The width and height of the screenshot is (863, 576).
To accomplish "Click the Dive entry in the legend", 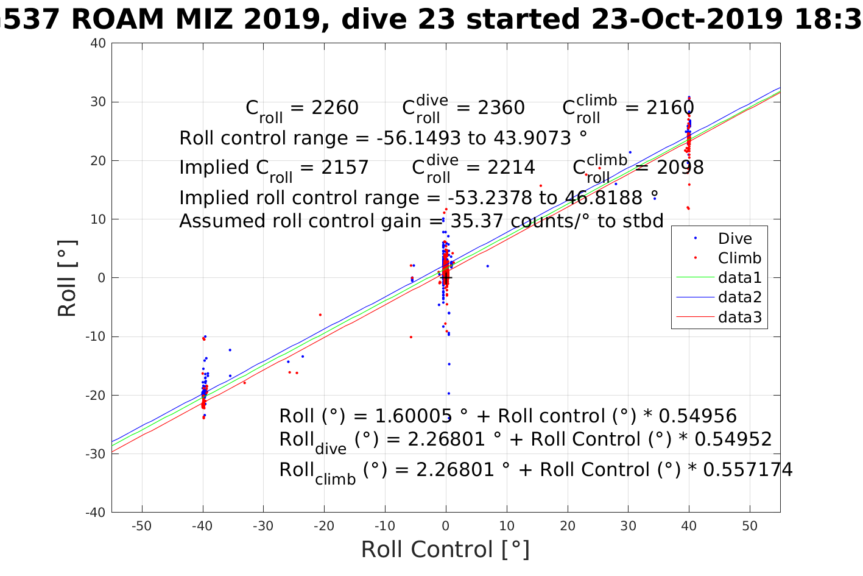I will click(x=734, y=238).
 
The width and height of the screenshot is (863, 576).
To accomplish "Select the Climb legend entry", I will click(x=739, y=258).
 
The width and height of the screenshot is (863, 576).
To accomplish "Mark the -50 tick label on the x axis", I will click(x=142, y=526).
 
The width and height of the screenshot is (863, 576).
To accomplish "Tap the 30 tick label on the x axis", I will click(x=628, y=526).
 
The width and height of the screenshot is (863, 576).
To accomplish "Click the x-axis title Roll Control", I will click(x=445, y=549).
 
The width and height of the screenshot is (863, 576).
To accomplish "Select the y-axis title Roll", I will click(x=68, y=278).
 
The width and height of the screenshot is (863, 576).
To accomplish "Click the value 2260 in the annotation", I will click(x=334, y=108).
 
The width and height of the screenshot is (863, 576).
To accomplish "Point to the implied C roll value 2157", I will click(x=345, y=167).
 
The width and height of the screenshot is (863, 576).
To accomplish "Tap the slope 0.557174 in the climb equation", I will click(x=749, y=469).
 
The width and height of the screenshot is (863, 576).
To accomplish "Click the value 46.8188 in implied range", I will click(x=597, y=197).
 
